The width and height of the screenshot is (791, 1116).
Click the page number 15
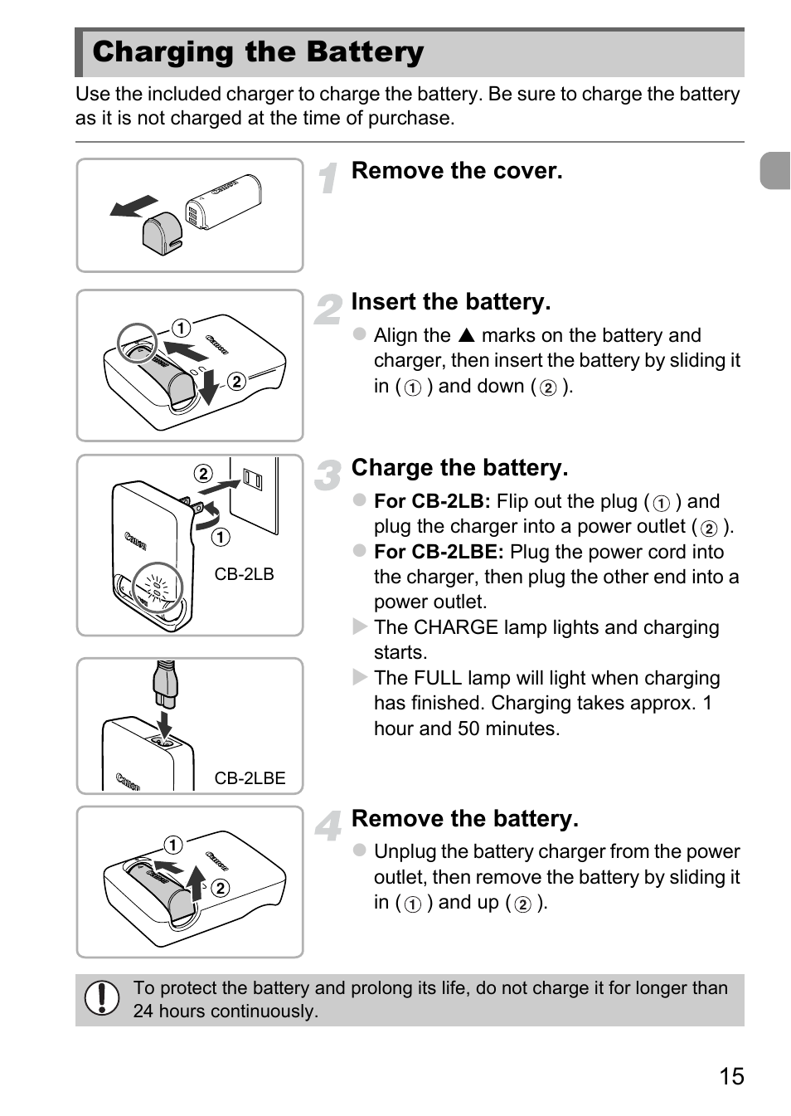(731, 1075)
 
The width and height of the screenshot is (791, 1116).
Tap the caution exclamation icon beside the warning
(101, 997)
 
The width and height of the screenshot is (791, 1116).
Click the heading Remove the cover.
(457, 170)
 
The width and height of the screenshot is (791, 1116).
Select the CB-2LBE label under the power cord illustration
(250, 777)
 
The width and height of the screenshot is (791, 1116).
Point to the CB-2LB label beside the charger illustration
(244, 574)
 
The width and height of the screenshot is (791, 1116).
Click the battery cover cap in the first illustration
(162, 229)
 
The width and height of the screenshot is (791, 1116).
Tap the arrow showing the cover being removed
(133, 207)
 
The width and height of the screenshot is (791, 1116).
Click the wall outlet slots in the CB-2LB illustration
(252, 480)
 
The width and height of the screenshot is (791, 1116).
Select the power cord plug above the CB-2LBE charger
(165, 684)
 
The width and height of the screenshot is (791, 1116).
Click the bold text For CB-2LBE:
(439, 552)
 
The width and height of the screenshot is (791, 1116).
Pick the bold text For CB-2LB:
(432, 500)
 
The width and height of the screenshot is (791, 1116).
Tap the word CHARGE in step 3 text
(455, 627)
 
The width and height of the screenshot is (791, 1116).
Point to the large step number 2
(328, 309)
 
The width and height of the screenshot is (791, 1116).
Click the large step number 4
(328, 826)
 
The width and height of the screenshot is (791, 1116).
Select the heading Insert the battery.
(451, 301)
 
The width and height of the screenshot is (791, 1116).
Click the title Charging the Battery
(258, 52)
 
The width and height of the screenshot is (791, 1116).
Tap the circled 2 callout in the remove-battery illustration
(221, 888)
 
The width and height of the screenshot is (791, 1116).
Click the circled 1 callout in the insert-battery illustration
(182, 328)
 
